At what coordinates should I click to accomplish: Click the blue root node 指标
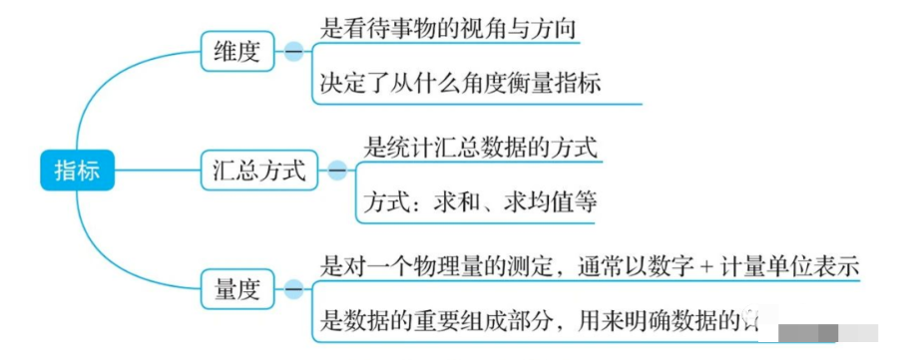point(77,170)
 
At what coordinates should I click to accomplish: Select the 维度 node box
point(236,52)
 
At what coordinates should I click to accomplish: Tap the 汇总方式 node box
point(258,170)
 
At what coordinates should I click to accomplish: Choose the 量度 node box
point(236,290)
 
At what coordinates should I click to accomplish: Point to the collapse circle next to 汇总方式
point(337,170)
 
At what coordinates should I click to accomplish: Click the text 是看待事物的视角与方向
point(449,29)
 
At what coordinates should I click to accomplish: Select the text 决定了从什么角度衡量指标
point(460,83)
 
